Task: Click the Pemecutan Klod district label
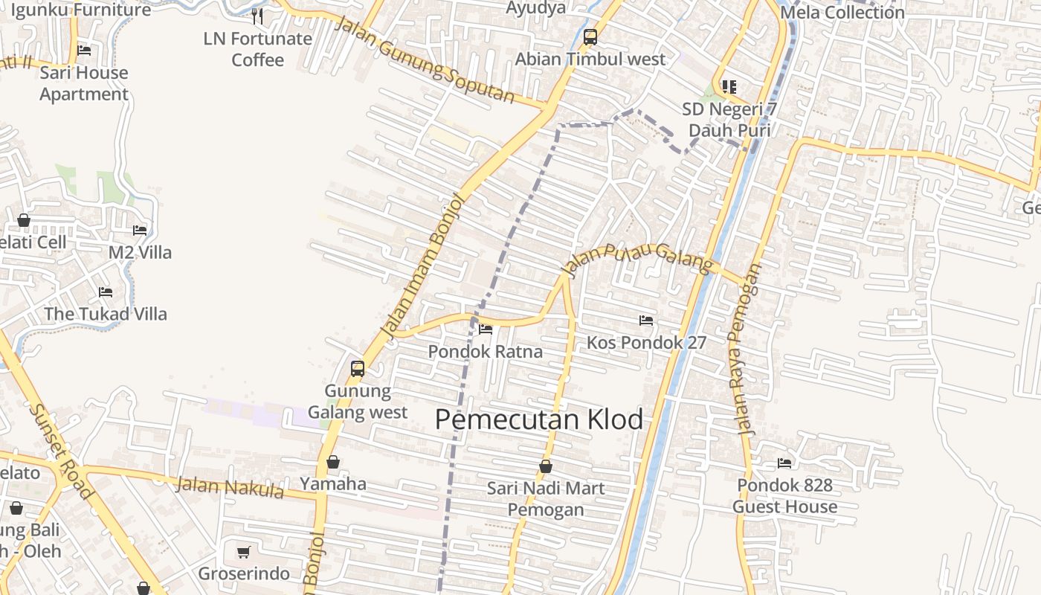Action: tap(539, 419)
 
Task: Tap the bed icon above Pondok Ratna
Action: tap(486, 329)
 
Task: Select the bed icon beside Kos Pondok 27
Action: tap(646, 321)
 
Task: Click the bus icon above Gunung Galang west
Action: tap(358, 368)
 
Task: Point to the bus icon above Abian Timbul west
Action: tap(590, 36)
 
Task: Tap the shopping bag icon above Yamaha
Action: tap(333, 462)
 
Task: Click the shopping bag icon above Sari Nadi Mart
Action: tap(546, 466)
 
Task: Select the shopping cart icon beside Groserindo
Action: tap(243, 553)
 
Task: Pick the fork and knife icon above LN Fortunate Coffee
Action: tap(257, 16)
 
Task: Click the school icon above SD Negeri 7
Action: tap(729, 87)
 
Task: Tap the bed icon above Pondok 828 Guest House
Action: tap(784, 463)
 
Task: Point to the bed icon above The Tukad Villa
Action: tap(106, 292)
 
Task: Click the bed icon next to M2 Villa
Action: tap(140, 231)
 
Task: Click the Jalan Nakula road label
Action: tap(231, 488)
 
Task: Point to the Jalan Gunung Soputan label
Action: tap(425, 59)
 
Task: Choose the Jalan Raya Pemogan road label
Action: tap(748, 350)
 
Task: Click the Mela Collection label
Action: tap(842, 13)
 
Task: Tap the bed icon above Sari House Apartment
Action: tap(84, 51)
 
